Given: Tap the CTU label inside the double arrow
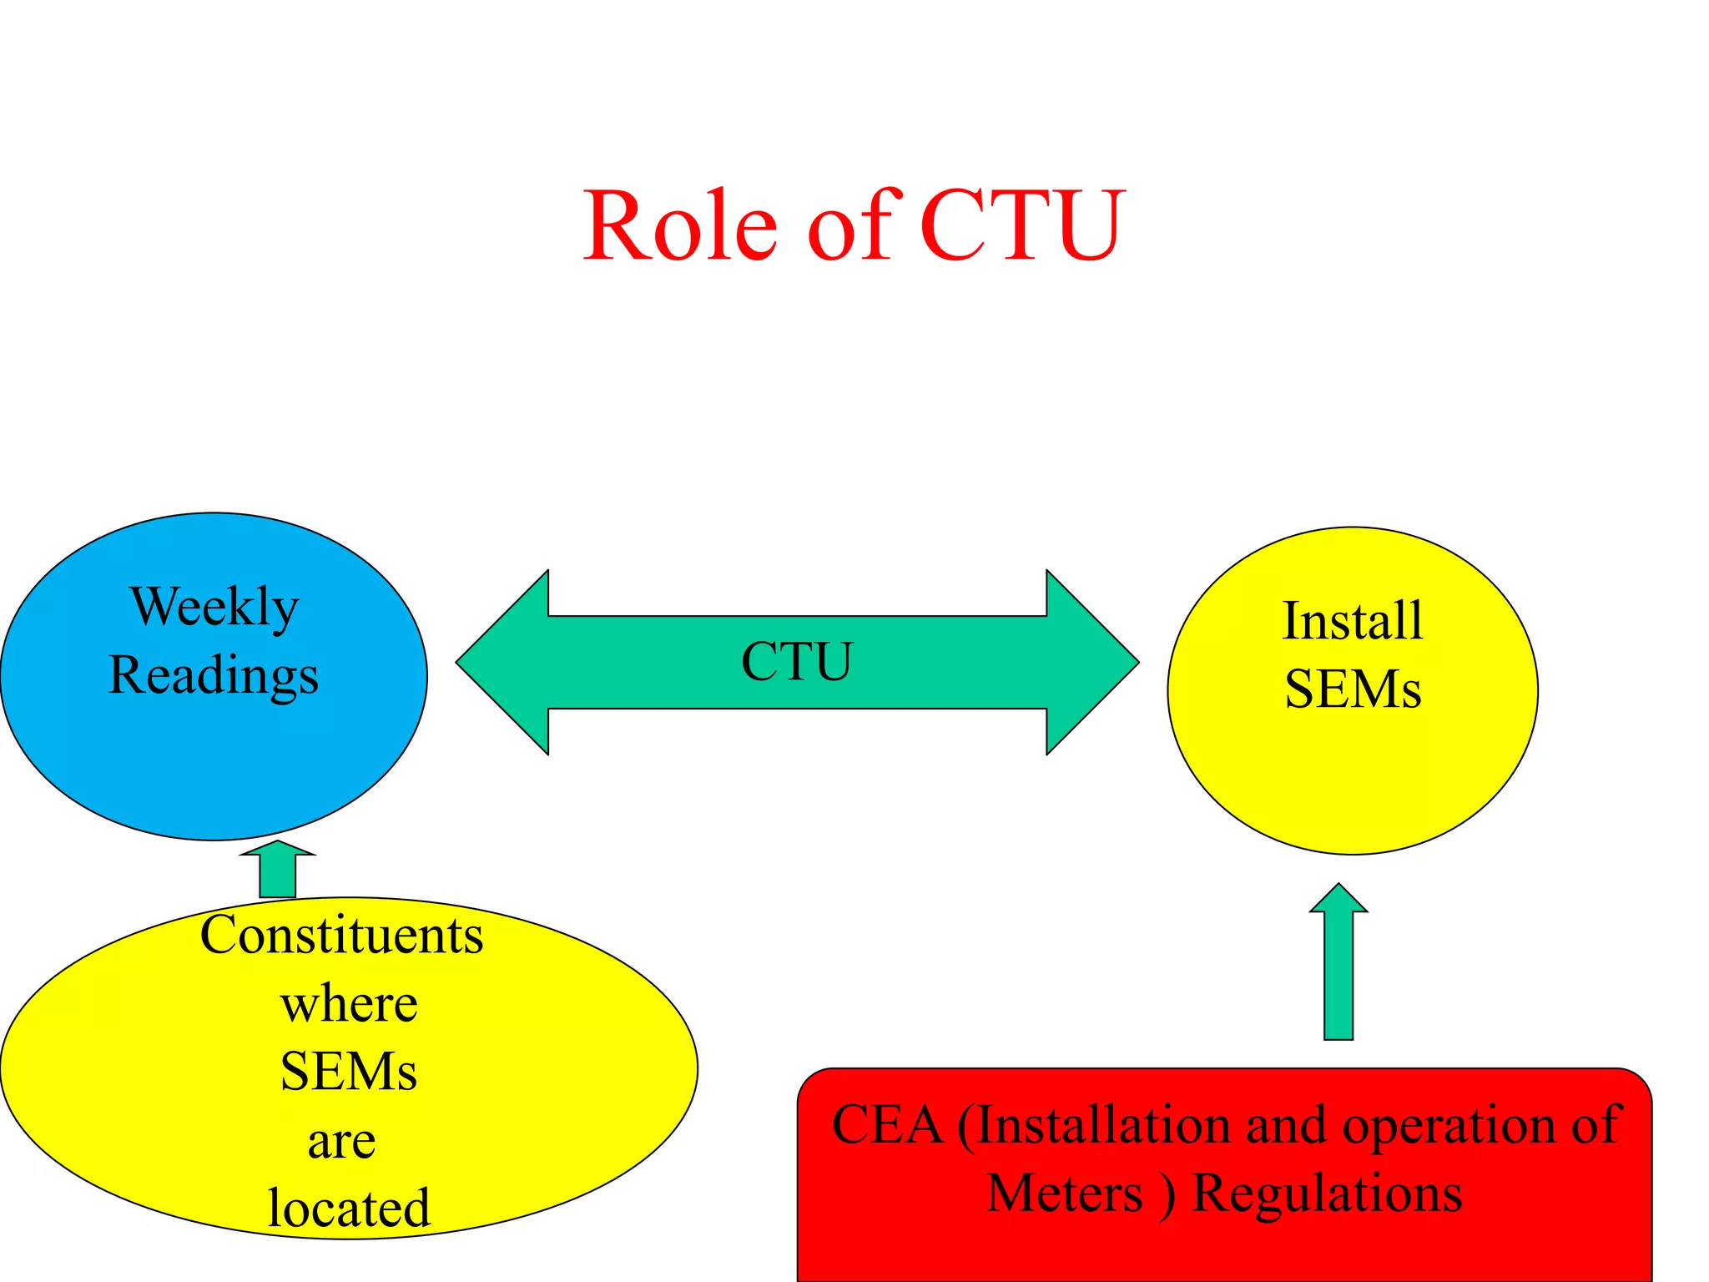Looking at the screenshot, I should coord(797,662).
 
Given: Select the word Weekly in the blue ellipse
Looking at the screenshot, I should coord(214,607).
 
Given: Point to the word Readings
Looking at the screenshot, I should coord(214,675).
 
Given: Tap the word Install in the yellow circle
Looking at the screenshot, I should coord(1352,622).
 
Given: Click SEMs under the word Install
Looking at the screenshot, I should coord(1352,690).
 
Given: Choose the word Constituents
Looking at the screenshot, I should coord(341,935).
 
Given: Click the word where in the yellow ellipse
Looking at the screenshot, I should coord(349,1003).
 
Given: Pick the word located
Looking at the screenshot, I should coord(349,1208).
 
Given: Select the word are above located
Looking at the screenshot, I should coord(341,1140).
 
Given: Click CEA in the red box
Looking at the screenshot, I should coord(886,1125).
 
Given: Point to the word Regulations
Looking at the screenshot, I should coord(1327,1194).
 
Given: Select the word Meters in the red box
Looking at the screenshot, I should coord(1064,1194).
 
